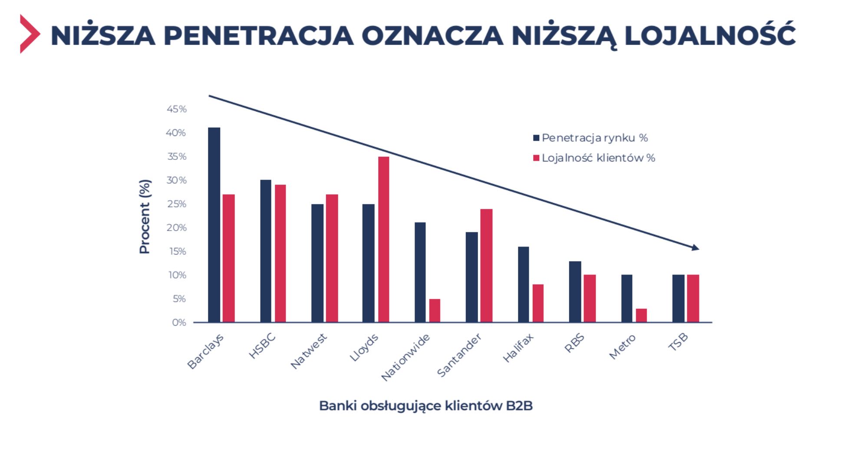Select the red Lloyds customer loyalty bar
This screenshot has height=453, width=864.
tap(383, 239)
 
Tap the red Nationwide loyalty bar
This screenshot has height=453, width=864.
tap(435, 310)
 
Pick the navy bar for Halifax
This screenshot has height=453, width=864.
tap(523, 284)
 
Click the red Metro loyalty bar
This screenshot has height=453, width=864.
tap(641, 315)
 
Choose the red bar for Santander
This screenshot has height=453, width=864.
tap(486, 265)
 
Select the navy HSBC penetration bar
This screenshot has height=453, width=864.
tap(266, 251)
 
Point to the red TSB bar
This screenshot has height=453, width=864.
tap(693, 298)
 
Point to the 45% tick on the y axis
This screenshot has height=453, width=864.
tap(176, 109)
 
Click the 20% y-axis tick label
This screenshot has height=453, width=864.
tap(176, 228)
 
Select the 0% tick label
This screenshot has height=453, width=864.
tap(179, 322)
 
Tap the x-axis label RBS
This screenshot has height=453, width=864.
tap(574, 343)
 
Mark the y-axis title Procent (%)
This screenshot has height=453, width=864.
tap(144, 216)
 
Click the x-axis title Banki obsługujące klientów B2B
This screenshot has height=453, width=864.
tap(425, 406)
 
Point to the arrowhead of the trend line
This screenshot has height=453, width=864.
tap(696, 248)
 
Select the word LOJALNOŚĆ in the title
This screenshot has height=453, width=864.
tap(709, 35)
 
